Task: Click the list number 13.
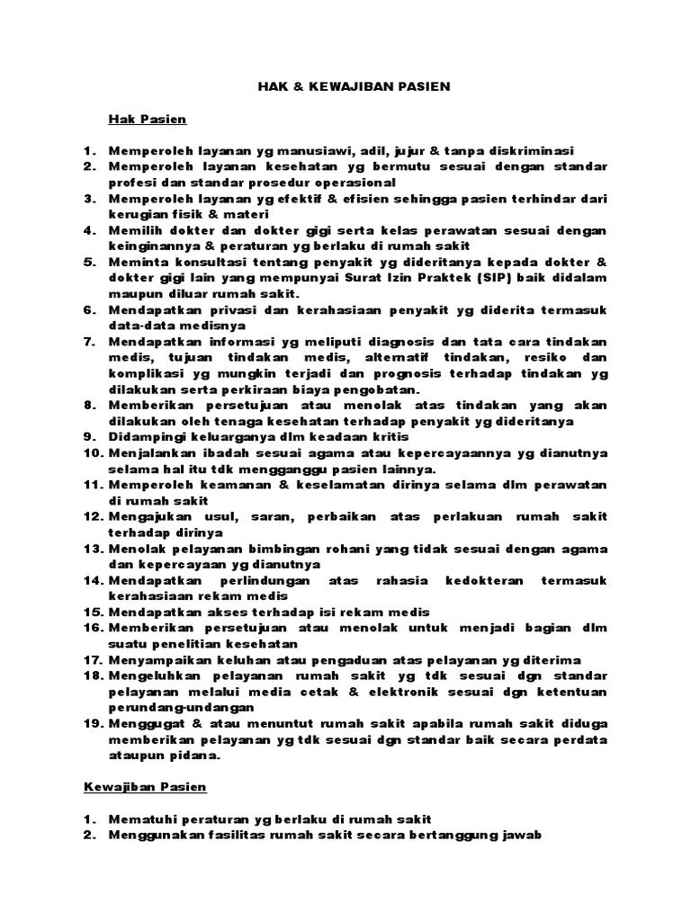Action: tap(96, 549)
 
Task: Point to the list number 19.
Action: tap(96, 724)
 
